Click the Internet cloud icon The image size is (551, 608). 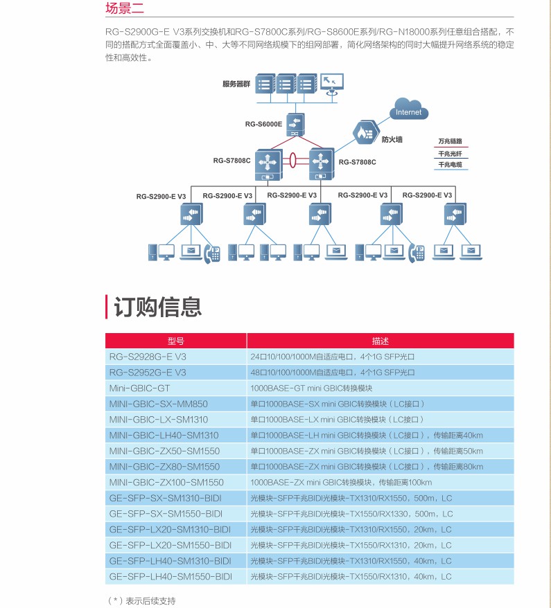408,111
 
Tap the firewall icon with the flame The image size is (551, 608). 365,132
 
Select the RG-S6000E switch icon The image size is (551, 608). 295,125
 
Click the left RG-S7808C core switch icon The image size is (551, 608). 266,163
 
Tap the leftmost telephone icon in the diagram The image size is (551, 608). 211,253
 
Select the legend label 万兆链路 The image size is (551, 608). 450,141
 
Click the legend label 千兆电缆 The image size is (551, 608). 450,166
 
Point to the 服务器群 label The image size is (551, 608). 236,83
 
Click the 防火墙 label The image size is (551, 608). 392,140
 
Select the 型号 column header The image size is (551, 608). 176,341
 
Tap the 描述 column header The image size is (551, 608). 381,341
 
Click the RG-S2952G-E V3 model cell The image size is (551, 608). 148,373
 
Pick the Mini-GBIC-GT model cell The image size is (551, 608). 139,388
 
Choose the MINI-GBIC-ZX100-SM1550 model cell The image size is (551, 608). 166,482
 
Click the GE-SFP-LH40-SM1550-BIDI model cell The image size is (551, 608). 170,576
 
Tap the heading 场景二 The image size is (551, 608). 125,8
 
